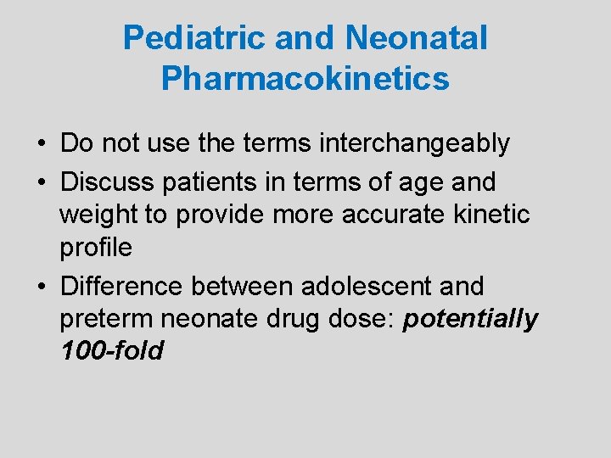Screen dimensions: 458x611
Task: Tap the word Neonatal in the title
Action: tap(416, 38)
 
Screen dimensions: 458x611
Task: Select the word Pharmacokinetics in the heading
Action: tap(305, 79)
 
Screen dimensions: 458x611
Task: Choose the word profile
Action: tap(96, 248)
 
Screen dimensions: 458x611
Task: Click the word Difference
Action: tap(121, 286)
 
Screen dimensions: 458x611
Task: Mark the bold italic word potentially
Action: tap(470, 319)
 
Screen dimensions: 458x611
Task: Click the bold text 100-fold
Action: tap(111, 350)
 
